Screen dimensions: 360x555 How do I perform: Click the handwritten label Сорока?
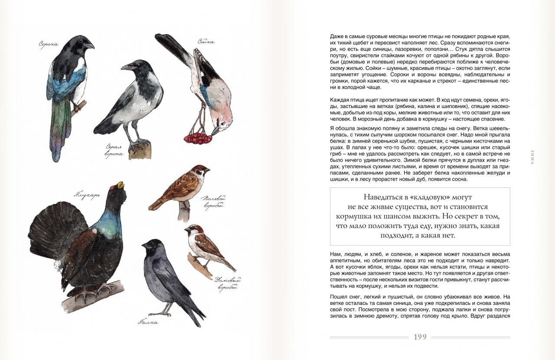point(49,44)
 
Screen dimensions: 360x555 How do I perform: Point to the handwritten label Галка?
point(148,322)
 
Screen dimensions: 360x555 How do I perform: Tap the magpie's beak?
point(89,45)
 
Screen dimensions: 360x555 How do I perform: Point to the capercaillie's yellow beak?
point(120,185)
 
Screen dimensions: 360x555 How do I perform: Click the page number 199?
point(420,337)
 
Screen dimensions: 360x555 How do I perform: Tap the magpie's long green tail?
point(59,130)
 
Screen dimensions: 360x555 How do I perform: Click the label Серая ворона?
point(114,150)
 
